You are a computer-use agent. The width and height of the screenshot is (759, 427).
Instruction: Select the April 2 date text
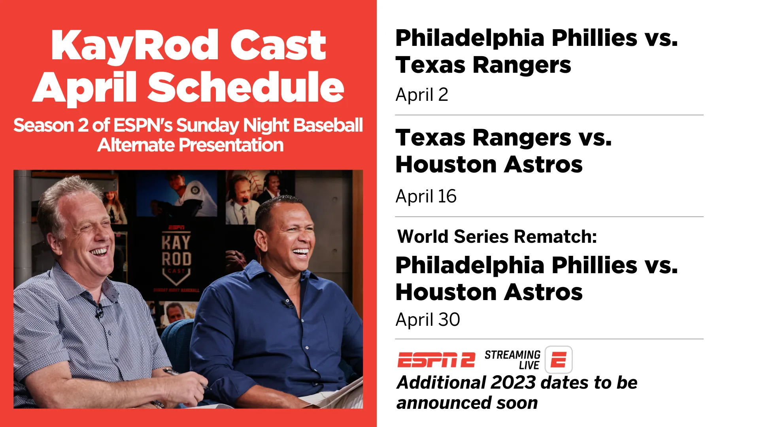click(x=422, y=95)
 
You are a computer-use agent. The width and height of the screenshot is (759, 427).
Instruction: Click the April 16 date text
click(x=426, y=196)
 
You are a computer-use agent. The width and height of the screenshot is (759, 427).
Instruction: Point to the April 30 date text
click(x=428, y=320)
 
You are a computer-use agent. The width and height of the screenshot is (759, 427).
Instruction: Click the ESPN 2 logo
click(x=436, y=360)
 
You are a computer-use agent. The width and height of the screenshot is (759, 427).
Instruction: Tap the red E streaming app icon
click(x=559, y=360)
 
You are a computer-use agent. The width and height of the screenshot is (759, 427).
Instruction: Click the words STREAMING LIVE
click(x=512, y=360)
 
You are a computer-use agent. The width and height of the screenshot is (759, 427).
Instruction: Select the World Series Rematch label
click(x=497, y=236)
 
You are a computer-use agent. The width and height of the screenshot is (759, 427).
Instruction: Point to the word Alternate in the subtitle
click(x=136, y=145)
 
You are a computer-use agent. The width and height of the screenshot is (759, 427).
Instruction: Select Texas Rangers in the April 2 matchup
click(x=483, y=65)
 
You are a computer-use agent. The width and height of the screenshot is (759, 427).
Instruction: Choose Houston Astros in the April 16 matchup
click(x=489, y=164)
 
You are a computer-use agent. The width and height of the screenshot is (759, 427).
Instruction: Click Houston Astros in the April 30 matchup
click(x=489, y=292)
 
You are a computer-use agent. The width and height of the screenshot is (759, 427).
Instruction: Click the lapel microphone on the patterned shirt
click(x=99, y=311)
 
